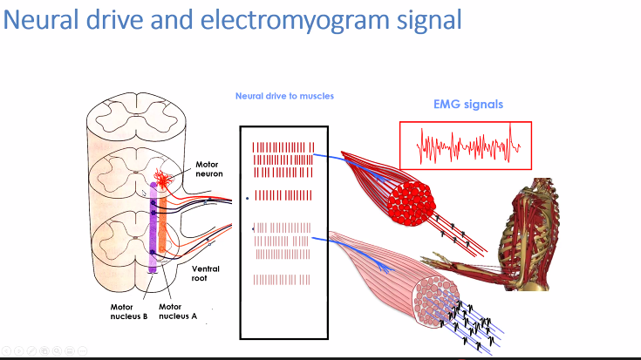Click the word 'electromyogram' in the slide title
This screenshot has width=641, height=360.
[x=262, y=20]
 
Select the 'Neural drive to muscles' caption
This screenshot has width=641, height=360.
[x=284, y=96]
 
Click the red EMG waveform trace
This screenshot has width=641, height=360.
[x=467, y=146]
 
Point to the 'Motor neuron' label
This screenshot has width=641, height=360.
[x=208, y=169]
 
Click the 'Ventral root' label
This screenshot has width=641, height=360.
[x=205, y=274]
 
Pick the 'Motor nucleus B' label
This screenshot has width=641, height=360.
[x=127, y=311]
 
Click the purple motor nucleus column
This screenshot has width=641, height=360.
[x=152, y=235]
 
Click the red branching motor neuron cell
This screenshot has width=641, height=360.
[x=160, y=179]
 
